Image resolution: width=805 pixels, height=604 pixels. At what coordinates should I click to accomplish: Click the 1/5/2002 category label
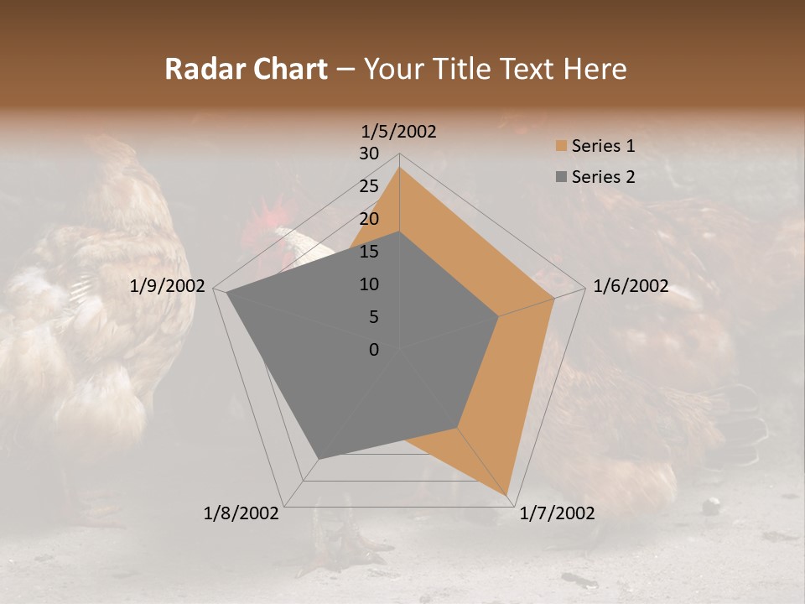399,132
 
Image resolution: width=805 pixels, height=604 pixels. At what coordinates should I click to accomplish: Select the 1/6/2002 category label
631,286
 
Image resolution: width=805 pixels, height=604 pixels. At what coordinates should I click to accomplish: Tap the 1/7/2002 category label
557,513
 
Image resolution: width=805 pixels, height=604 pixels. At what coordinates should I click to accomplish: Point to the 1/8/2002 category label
241,513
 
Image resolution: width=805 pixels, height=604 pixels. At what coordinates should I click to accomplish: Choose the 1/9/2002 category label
168,286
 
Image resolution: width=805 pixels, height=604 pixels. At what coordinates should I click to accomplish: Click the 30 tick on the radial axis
369,154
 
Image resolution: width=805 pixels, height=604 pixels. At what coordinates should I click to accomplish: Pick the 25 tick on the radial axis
369,186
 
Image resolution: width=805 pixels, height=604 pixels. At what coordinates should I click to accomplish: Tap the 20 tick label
369,219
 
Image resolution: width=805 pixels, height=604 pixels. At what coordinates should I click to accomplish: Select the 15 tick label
369,252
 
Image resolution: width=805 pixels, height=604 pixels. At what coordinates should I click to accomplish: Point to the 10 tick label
369,284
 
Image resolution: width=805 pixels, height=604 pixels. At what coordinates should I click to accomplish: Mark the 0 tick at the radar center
374,350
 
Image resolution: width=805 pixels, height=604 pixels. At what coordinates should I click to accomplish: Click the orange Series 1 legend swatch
560,147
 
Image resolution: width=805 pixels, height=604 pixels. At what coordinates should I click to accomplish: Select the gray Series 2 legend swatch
560,177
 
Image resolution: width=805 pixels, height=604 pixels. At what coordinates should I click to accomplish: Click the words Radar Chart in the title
246,69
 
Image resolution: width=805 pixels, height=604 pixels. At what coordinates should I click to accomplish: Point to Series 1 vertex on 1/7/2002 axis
507,495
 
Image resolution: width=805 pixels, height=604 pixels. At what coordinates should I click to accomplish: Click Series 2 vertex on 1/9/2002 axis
226,293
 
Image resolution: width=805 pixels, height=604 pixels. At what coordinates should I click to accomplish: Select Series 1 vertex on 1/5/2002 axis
399,167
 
